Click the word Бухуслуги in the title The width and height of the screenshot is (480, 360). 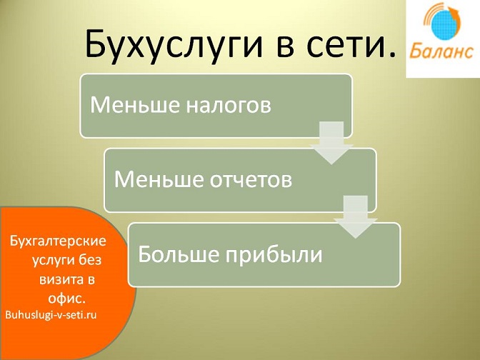(x=174, y=44)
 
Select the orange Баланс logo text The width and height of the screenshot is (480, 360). (x=441, y=51)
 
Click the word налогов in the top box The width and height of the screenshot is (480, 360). (x=229, y=105)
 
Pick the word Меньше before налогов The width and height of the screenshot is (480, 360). (x=135, y=104)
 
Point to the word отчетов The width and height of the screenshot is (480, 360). (x=251, y=180)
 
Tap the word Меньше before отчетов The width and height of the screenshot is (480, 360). (x=159, y=179)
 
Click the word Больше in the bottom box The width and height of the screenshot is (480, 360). (x=179, y=254)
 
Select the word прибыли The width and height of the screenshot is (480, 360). (x=274, y=255)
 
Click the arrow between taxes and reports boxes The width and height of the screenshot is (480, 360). (x=331, y=143)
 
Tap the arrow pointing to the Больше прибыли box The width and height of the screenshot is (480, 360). (x=356, y=216)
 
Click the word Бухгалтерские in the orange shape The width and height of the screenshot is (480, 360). (x=58, y=241)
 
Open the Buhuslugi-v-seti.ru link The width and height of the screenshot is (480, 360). (x=51, y=315)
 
